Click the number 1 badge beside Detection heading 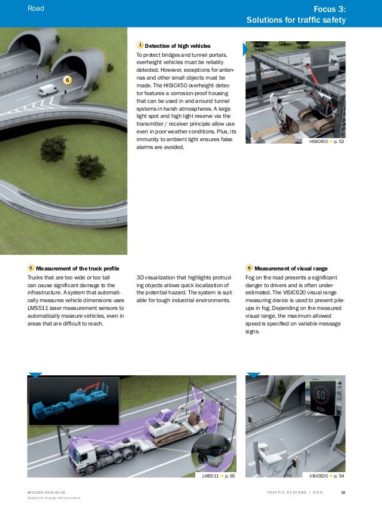[140, 45]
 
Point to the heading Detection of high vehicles [177, 45]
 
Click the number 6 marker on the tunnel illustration [68, 80]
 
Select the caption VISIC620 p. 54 [327, 476]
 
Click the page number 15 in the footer [343, 492]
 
